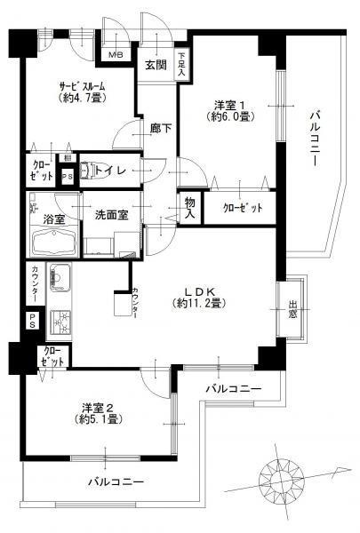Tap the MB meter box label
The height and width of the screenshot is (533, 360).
(x=116, y=54)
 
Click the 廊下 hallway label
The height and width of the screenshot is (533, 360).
(x=160, y=128)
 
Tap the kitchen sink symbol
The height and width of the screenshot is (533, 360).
(x=60, y=279)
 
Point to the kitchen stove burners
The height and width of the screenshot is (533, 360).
(x=60, y=321)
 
